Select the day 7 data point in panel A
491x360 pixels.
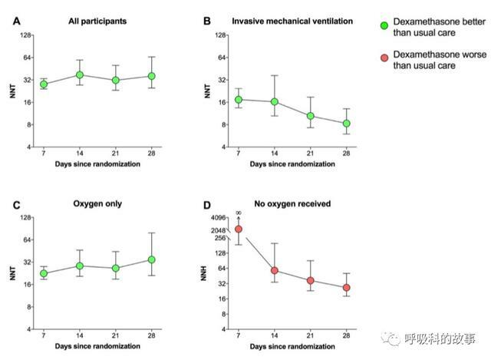coord(44,84)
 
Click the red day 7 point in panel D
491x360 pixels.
coord(239,229)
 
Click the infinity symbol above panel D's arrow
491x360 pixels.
coord(239,212)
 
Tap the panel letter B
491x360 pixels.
coord(207,21)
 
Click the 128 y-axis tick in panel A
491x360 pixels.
coord(25,35)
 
